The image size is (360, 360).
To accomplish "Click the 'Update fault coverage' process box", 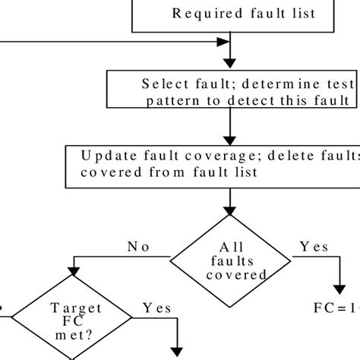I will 213,164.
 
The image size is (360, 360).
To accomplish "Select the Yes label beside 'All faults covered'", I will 314,247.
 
